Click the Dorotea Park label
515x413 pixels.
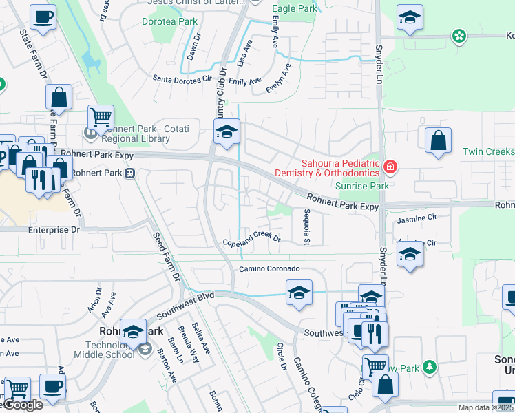(x=169, y=22)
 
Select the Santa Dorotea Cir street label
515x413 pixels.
(x=182, y=78)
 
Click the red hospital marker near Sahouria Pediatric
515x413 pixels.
(x=390, y=166)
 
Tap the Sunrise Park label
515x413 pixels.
(x=361, y=186)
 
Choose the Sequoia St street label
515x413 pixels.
(x=307, y=226)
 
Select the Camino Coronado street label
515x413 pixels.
(x=269, y=268)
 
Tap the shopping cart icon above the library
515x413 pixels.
(x=101, y=118)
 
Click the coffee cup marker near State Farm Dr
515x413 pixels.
(x=43, y=17)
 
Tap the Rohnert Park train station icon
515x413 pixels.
(x=129, y=173)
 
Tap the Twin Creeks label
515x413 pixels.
(x=489, y=151)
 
